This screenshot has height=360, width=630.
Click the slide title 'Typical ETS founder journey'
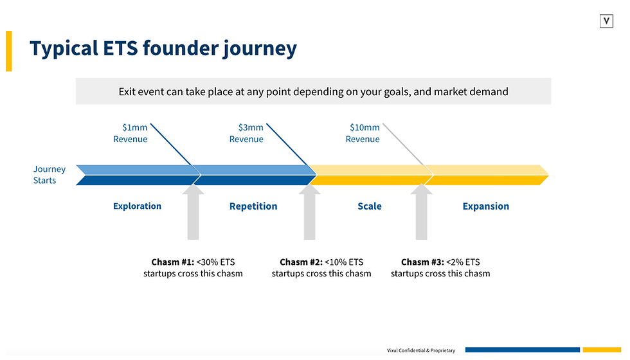tap(163, 49)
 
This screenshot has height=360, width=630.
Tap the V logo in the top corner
tap(606, 21)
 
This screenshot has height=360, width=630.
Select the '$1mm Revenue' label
tap(130, 134)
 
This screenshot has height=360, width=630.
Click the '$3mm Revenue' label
tap(246, 134)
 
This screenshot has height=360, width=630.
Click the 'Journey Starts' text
tap(50, 175)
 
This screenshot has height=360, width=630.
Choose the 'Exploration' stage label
tap(137, 206)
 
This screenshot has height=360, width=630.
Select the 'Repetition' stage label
tap(253, 206)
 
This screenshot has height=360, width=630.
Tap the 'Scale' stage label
tap(370, 206)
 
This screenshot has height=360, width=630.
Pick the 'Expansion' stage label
tap(486, 206)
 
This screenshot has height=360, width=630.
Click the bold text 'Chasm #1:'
tap(172, 262)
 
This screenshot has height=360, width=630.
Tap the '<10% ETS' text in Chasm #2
tap(344, 262)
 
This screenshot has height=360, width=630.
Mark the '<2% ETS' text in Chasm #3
tap(462, 262)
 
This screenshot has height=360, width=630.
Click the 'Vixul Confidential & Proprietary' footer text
tap(421, 350)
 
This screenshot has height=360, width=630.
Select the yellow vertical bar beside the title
tap(9, 51)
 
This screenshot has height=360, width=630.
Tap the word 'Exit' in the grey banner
tap(127, 92)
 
